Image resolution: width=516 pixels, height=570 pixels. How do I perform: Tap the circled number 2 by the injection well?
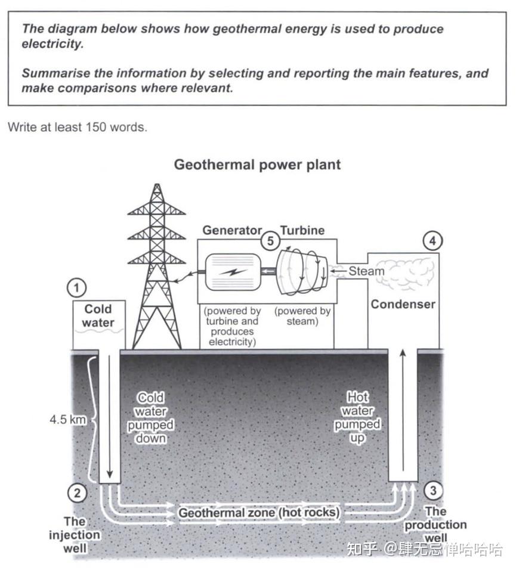[x=77, y=492]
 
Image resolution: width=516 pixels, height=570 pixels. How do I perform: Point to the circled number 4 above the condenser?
[x=432, y=241]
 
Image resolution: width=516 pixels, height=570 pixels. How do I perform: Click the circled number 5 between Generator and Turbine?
[x=271, y=241]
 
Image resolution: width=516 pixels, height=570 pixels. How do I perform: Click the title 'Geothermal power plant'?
[x=257, y=165]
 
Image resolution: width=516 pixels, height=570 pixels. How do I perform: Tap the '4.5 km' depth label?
[x=67, y=419]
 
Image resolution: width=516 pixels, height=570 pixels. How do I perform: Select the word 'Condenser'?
[x=403, y=304]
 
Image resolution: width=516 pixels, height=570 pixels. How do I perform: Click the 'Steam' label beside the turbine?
[x=366, y=271]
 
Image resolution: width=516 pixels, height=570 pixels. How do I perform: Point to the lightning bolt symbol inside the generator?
[x=233, y=271]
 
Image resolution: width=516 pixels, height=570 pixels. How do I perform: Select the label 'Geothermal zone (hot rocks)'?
[x=259, y=512]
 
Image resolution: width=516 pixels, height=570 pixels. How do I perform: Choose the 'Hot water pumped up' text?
[x=357, y=417]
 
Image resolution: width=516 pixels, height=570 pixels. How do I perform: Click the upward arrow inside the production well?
[x=403, y=411]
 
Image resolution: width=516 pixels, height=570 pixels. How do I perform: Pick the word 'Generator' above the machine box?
[x=232, y=230]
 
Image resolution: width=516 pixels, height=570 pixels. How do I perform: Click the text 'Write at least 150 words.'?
[x=77, y=127]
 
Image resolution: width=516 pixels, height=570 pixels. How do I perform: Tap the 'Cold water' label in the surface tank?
[x=98, y=315]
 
